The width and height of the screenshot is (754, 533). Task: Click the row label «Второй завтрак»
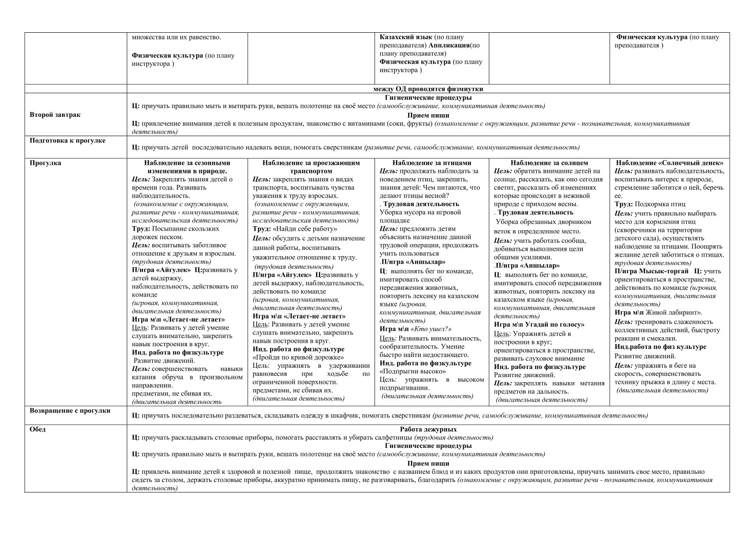click(55, 115)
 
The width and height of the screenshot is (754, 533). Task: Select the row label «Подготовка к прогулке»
click(67, 141)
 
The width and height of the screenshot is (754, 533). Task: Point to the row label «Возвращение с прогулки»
click(70, 410)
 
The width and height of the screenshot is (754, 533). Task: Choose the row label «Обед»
click(38, 429)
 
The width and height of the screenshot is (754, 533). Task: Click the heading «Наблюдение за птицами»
click(431, 163)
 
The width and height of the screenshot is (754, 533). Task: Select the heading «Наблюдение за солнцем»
click(549, 163)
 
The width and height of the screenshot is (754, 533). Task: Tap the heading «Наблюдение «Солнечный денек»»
click(669, 163)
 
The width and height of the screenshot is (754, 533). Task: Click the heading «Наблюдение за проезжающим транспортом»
click(311, 167)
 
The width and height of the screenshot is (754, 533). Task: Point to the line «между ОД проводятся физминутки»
click(428, 89)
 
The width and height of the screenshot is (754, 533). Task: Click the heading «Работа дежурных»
click(428, 429)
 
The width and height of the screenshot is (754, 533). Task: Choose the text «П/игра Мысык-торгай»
click(651, 271)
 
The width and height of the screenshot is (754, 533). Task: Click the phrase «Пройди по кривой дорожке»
click(298, 357)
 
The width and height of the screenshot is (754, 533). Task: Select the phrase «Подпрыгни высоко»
click(413, 371)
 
